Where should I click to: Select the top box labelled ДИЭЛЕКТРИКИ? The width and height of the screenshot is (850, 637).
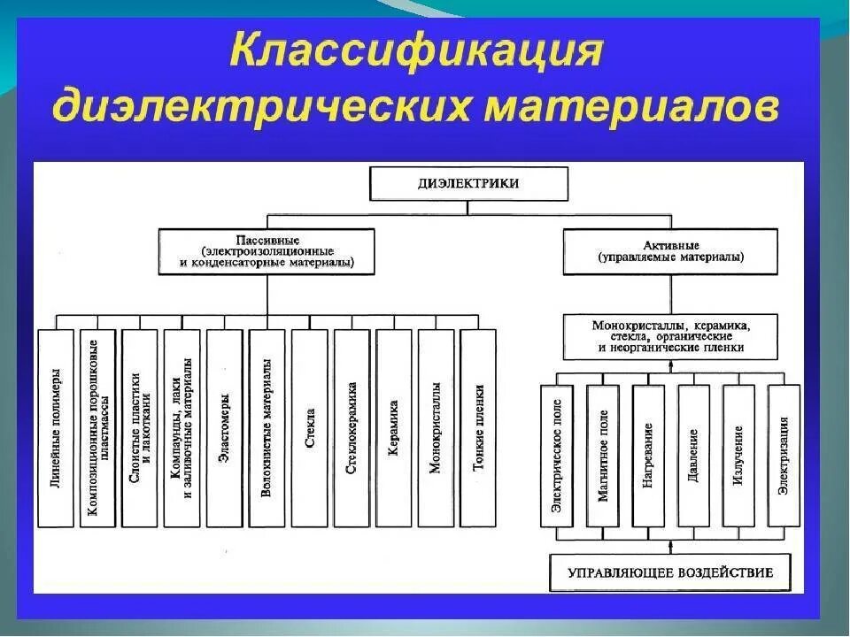[468, 184]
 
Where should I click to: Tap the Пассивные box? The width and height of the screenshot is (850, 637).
[267, 250]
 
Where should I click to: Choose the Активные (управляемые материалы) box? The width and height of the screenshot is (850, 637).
[670, 250]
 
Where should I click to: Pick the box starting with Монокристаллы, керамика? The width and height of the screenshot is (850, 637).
[670, 336]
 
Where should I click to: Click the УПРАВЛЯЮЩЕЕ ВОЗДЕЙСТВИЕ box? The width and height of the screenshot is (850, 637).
[670, 572]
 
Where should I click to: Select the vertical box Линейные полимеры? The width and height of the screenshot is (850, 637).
[55, 429]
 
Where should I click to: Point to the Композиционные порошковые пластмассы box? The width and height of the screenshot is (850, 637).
[97, 429]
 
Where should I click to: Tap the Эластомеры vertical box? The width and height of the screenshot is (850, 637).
[224, 429]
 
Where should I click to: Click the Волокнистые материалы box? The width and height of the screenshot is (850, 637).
[267, 429]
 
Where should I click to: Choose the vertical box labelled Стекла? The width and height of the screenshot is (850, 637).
[309, 429]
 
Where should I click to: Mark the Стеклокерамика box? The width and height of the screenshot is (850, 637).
[352, 429]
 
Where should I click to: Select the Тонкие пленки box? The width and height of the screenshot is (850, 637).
[478, 429]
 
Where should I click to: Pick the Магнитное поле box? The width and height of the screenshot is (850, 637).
[603, 456]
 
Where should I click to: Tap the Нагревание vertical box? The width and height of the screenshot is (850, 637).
[649, 456]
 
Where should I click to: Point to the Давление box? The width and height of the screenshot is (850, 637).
[694, 456]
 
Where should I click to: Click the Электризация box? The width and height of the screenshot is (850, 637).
[784, 456]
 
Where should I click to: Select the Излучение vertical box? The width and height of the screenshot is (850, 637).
[739, 456]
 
